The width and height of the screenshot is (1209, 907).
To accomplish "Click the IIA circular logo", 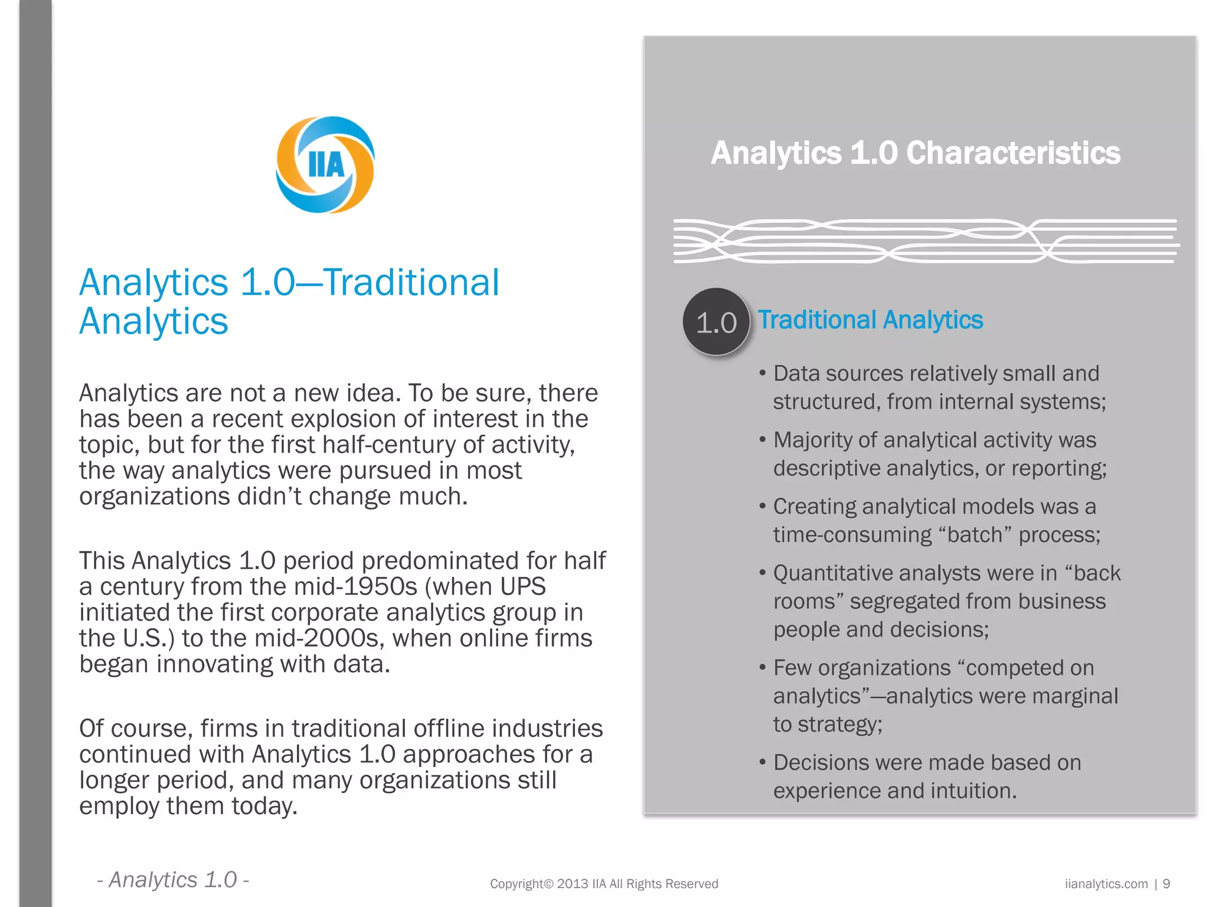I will [x=325, y=165].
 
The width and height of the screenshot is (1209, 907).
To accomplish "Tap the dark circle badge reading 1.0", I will [x=716, y=322].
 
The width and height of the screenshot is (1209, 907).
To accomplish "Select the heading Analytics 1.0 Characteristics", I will [x=915, y=153].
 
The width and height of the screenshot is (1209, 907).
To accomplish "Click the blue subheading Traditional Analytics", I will [x=870, y=320].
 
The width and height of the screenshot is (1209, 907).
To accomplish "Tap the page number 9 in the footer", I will [x=1166, y=884].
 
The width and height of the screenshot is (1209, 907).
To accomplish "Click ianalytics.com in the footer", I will [x=1106, y=884].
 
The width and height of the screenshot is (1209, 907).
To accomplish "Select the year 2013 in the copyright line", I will [x=572, y=884].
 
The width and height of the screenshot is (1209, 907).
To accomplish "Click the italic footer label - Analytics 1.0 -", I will [x=173, y=880].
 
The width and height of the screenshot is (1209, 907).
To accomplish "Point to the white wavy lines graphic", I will [x=926, y=241].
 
